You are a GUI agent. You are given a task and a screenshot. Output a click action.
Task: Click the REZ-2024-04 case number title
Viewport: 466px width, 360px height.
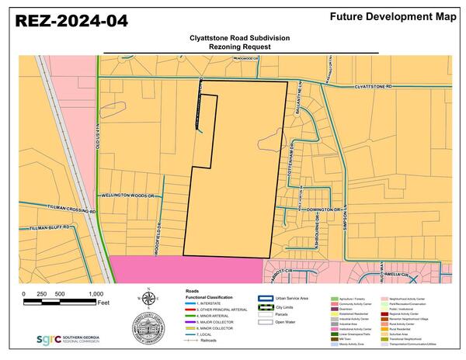tap(71, 22)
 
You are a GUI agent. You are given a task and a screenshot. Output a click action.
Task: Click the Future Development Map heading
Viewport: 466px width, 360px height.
tap(391, 16)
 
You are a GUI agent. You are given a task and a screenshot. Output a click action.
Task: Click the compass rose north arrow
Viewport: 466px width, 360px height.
tap(147, 297)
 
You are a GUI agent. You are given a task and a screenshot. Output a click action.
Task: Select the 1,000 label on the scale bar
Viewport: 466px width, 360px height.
tap(96, 293)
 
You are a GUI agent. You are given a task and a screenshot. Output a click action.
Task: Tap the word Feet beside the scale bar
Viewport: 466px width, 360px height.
tap(103, 301)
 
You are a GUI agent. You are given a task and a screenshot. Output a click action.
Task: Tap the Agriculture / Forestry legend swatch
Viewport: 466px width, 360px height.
tap(334, 297)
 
